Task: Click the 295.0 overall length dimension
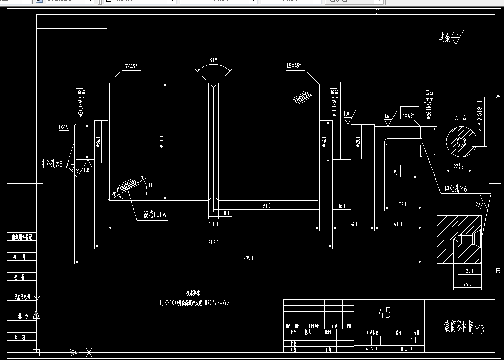coord(249,258)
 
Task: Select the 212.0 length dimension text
coord(213,242)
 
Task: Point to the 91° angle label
coord(213,61)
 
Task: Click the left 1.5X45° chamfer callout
coord(130,66)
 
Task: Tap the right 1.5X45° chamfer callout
coord(294,66)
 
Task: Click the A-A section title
coord(460,119)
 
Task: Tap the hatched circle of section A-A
coord(460,142)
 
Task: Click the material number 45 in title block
coord(385,312)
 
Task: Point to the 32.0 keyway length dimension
coord(403,204)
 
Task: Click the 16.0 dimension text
coord(341,206)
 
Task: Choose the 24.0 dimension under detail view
coord(467,283)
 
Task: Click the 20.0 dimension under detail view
coord(470,271)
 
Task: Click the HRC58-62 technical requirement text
coord(194,303)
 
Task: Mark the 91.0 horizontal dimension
coord(267,206)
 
